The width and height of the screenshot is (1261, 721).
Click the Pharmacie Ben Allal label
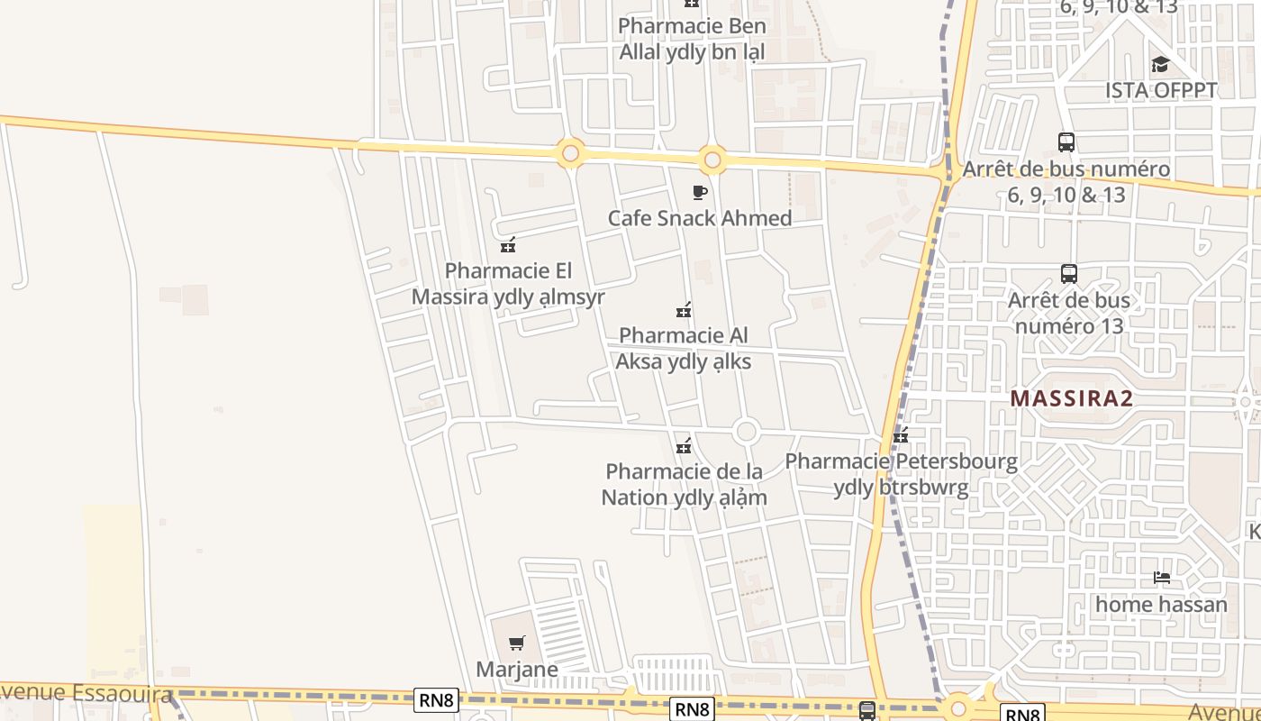pos(692,39)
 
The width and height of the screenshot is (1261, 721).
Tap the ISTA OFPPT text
pos(1161,90)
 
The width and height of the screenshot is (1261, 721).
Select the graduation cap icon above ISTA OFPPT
pos(1160,64)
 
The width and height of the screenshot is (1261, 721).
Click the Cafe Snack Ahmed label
pos(700,218)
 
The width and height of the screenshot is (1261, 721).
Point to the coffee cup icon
pos(700,192)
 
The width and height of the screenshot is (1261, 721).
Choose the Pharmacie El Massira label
pos(508,283)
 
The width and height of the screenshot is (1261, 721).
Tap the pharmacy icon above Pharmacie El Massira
pos(508,244)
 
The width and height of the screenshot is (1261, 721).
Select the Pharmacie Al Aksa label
pos(683,348)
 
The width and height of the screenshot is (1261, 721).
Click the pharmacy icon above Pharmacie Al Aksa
pos(684,311)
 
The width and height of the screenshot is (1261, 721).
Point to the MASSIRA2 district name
pos(1071,398)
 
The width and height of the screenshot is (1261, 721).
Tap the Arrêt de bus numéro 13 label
pos(1069,312)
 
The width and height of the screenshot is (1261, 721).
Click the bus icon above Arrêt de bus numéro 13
pos(1069,273)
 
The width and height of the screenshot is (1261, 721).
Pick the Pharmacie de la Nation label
pos(684,484)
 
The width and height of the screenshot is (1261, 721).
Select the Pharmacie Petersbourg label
pos(901,474)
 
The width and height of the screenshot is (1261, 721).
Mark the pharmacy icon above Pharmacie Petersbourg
pos(900,437)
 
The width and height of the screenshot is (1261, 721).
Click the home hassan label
pos(1161,604)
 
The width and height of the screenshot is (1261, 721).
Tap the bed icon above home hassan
pos(1162,577)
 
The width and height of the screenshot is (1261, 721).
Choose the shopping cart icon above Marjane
pos(516,643)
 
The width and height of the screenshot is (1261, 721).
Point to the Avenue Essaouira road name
pos(86,693)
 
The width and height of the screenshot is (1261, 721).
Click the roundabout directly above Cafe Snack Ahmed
pos(712,160)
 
